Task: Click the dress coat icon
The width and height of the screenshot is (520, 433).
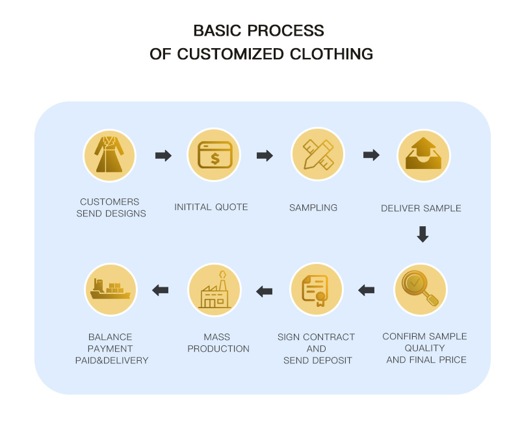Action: pyautogui.click(x=109, y=155)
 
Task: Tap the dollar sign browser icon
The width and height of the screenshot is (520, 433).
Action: pyautogui.click(x=214, y=155)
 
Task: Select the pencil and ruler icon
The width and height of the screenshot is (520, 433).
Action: pyautogui.click(x=317, y=155)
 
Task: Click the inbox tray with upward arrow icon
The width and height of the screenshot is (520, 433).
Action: pyautogui.click(x=423, y=155)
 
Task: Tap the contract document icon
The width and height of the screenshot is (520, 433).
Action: pyautogui.click(x=317, y=290)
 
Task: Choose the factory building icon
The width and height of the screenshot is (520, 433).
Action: pyautogui.click(x=214, y=290)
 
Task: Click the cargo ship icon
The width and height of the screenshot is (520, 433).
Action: pyautogui.click(x=110, y=290)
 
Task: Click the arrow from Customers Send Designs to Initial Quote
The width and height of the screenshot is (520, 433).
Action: pyautogui.click(x=163, y=155)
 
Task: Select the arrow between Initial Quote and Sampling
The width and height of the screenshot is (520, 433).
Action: pyautogui.click(x=265, y=155)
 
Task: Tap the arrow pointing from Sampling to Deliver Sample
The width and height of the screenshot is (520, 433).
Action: pyautogui.click(x=371, y=155)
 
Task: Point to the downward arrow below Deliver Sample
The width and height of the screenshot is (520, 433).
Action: pyautogui.click(x=422, y=234)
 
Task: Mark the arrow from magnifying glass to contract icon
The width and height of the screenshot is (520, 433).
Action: pyautogui.click(x=367, y=290)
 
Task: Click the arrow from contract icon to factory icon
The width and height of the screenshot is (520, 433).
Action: pyautogui.click(x=265, y=291)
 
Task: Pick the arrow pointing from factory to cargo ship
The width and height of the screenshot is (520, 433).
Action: pyautogui.click(x=161, y=290)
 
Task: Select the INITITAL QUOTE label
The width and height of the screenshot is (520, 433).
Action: pyautogui.click(x=211, y=207)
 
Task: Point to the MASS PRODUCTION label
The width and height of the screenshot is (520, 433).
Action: pyautogui.click(x=218, y=343)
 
